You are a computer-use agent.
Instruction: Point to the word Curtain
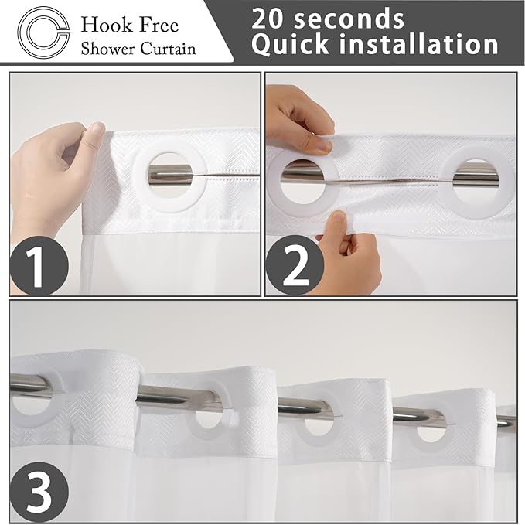[x=168, y=48]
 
